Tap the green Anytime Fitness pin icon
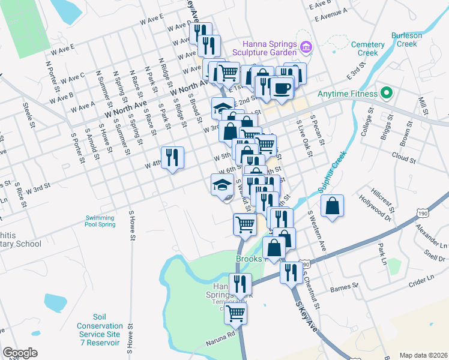tap(387, 94)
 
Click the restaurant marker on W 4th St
tap(172, 158)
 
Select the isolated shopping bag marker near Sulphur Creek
tap(332, 206)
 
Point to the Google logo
tap(20, 353)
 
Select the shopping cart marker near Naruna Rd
tap(236, 312)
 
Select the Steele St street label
tap(28, 116)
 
